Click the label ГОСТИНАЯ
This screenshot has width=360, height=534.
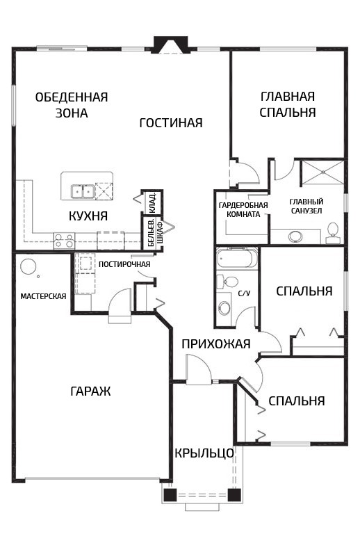[171, 122]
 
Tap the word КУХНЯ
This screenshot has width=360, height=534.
[88, 216]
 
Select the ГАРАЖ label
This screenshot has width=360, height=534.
[90, 391]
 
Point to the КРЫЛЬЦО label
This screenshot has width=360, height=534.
[204, 453]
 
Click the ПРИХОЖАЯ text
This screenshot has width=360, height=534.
[216, 344]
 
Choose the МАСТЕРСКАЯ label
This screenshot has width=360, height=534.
[43, 296]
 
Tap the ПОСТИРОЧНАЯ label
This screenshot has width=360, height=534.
[124, 264]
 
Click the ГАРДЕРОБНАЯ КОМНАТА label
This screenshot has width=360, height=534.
[243, 210]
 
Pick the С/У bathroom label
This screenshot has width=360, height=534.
[244, 293]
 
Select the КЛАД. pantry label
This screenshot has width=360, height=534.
[152, 203]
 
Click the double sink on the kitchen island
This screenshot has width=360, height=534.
[82, 191]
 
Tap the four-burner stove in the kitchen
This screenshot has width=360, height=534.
[65, 240]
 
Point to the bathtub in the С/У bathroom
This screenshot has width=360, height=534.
[236, 259]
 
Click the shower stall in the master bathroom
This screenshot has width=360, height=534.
[322, 172]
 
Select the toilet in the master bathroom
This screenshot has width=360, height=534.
[333, 234]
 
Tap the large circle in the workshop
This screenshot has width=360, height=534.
[28, 267]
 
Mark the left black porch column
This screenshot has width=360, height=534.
[170, 494]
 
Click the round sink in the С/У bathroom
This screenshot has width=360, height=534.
[224, 307]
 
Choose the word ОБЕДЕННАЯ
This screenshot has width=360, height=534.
[72, 97]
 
